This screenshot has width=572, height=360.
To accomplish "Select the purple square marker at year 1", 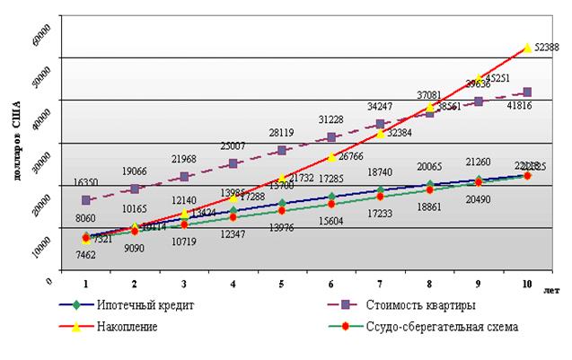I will click(86, 200).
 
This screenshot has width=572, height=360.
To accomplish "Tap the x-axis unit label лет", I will click(551, 290).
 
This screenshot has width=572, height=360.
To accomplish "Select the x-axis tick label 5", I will click(282, 284).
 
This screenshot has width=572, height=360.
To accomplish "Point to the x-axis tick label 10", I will click(526, 284).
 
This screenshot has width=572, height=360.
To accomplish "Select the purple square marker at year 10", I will click(527, 92).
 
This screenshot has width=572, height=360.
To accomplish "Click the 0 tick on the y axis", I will click(52, 281).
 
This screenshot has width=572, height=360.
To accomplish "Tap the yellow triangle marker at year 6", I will click(331, 156).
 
